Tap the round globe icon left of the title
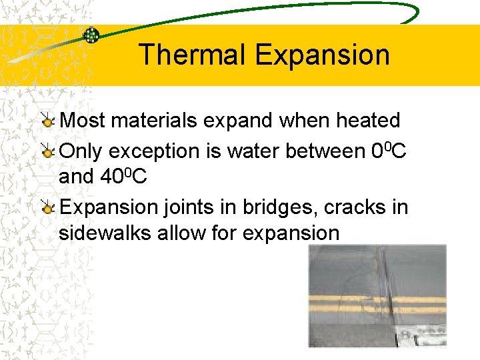pyautogui.click(x=91, y=35)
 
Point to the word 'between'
pyautogui.click(x=326, y=151)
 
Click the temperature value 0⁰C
pyautogui.click(x=389, y=151)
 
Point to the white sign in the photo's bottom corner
pyautogui.click(x=426, y=335)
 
